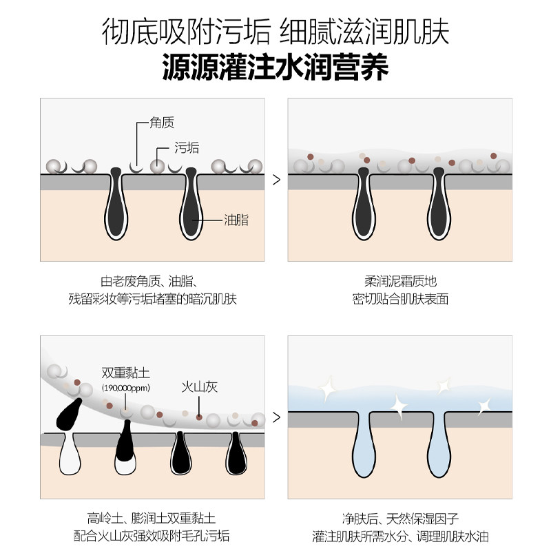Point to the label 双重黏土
pos(125,373)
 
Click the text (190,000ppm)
pos(125,388)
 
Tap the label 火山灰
pos(200,387)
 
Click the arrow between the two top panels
pos(277,180)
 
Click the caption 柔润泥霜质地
pos(400,282)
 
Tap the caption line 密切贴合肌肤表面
pos(400,300)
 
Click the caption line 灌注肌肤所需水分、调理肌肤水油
pos(400,537)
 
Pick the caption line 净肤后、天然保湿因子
pos(400,519)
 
